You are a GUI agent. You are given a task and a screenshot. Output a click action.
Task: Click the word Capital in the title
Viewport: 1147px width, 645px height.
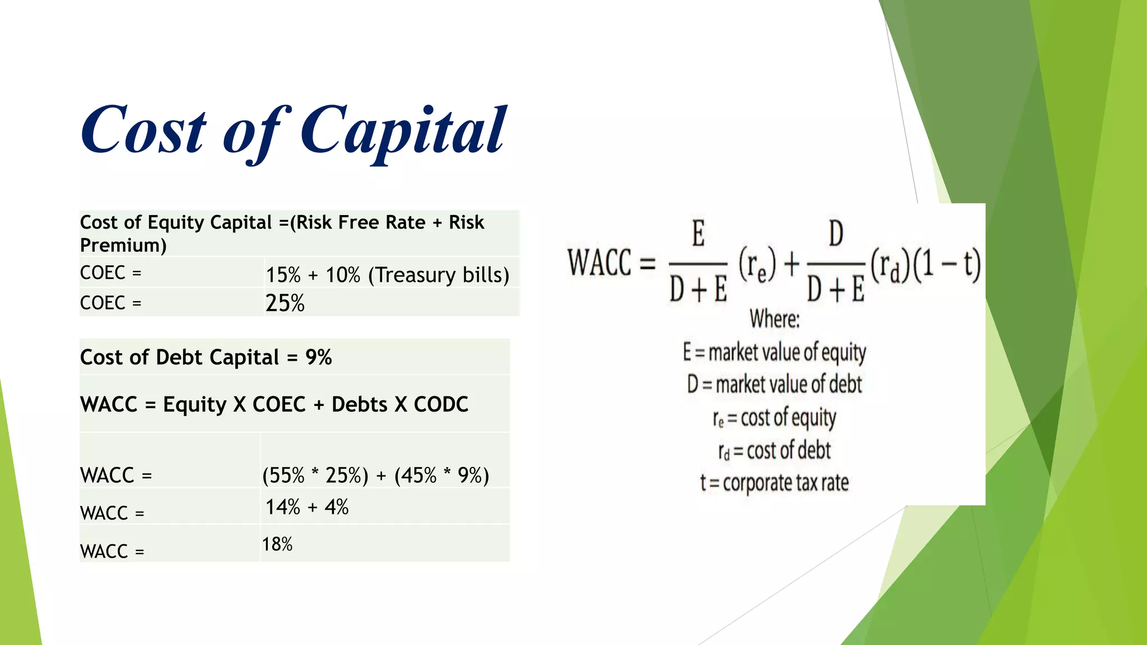(x=403, y=132)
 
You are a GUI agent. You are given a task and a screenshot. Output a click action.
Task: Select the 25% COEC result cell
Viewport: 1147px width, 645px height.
(x=285, y=303)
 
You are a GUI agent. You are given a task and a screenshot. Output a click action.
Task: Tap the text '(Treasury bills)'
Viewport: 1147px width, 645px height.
(x=439, y=275)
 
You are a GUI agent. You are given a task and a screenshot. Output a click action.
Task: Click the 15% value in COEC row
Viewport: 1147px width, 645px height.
(x=283, y=275)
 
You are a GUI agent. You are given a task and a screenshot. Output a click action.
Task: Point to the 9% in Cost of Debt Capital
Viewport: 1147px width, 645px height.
(x=319, y=357)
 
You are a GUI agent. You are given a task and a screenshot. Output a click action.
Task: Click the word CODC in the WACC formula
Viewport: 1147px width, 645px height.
(x=441, y=404)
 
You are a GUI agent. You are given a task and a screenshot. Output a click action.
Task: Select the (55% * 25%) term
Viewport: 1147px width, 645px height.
(x=315, y=475)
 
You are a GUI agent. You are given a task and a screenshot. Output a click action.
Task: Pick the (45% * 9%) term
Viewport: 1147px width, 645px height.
(x=441, y=475)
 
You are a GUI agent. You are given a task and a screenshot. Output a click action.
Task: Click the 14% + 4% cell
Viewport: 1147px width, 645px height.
(x=307, y=507)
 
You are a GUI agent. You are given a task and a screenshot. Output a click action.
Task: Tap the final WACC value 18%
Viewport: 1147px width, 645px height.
(x=277, y=544)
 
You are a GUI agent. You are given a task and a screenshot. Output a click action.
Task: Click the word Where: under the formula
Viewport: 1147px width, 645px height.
(x=775, y=319)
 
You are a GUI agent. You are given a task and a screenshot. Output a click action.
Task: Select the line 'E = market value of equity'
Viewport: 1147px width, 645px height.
(x=774, y=353)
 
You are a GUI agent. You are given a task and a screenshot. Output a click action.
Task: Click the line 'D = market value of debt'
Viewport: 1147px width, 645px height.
(x=774, y=385)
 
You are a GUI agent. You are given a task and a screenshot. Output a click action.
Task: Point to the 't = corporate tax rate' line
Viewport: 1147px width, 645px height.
(x=774, y=483)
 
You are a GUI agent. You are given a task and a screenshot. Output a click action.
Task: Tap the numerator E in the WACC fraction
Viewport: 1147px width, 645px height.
(x=698, y=234)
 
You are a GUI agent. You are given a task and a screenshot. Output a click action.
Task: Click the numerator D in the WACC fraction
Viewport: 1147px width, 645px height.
(x=836, y=234)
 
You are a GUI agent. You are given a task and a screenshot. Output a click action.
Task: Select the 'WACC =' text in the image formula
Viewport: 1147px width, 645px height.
(x=610, y=263)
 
